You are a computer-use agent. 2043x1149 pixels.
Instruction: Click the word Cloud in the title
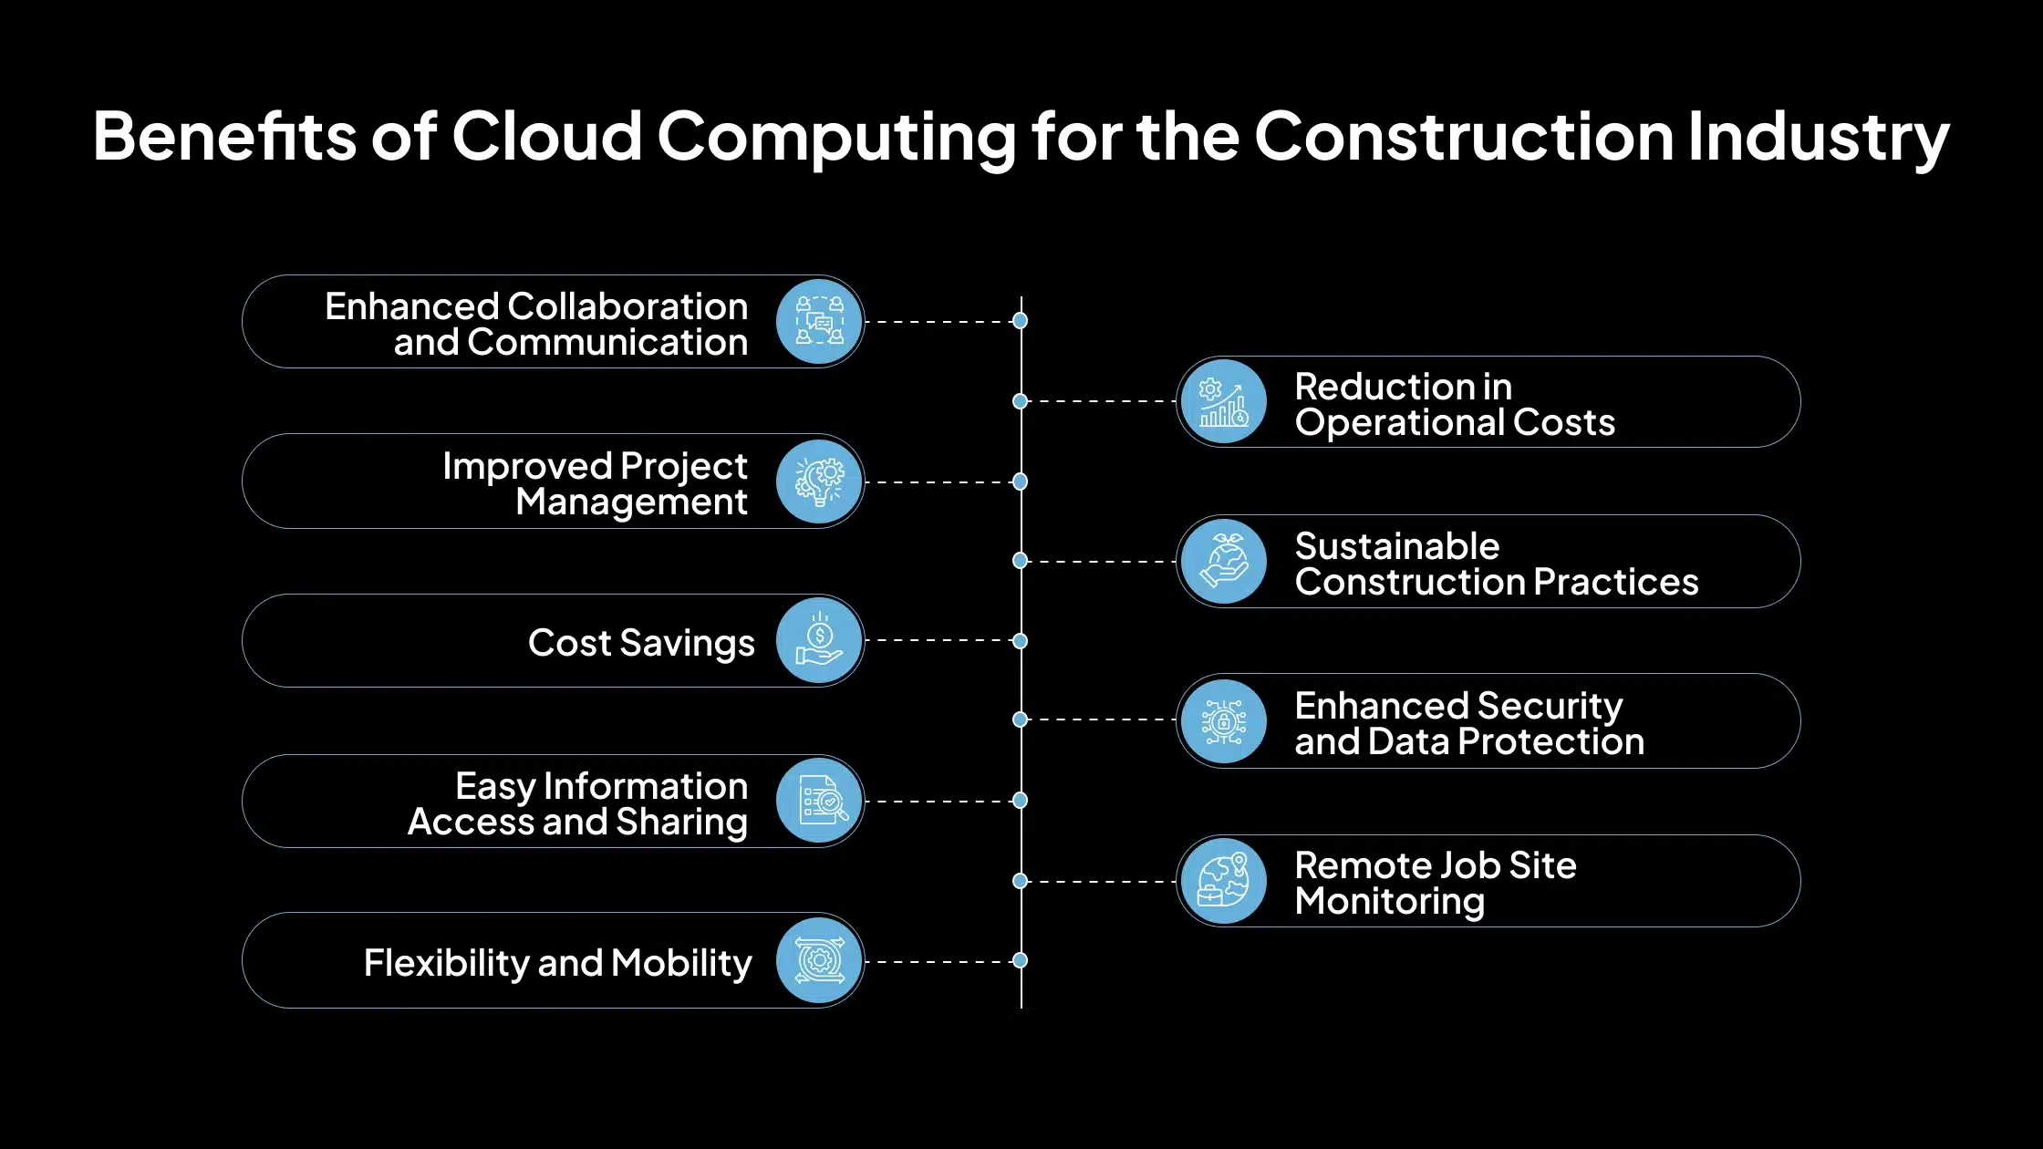coord(547,137)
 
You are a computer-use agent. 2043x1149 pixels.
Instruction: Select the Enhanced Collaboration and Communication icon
coord(819,322)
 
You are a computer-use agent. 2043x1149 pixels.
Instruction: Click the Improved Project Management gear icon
coord(819,481)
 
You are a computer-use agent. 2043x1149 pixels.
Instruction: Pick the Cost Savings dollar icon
coord(819,641)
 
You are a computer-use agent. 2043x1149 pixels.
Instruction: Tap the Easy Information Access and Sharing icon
coord(819,802)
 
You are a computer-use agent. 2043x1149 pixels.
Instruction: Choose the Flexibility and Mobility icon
coord(819,961)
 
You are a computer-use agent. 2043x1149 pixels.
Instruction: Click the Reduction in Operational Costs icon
coord(1223,402)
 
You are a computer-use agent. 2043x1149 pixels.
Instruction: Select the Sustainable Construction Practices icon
coord(1223,562)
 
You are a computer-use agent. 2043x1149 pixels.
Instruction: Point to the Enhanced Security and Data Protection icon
coord(1223,721)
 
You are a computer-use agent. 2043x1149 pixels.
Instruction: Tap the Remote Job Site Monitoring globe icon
coord(1223,882)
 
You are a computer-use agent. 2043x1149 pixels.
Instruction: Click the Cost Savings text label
coord(641,643)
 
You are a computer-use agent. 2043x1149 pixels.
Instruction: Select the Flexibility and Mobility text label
coord(557,963)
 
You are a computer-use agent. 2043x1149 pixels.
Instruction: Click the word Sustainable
coord(1396,546)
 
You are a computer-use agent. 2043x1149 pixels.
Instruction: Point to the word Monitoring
coord(1389,901)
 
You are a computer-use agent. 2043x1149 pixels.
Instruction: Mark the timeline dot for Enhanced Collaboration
coord(1021,321)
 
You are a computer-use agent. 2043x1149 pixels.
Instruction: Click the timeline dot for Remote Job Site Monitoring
coord(1021,881)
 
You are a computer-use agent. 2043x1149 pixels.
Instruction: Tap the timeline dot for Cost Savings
coord(1021,641)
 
